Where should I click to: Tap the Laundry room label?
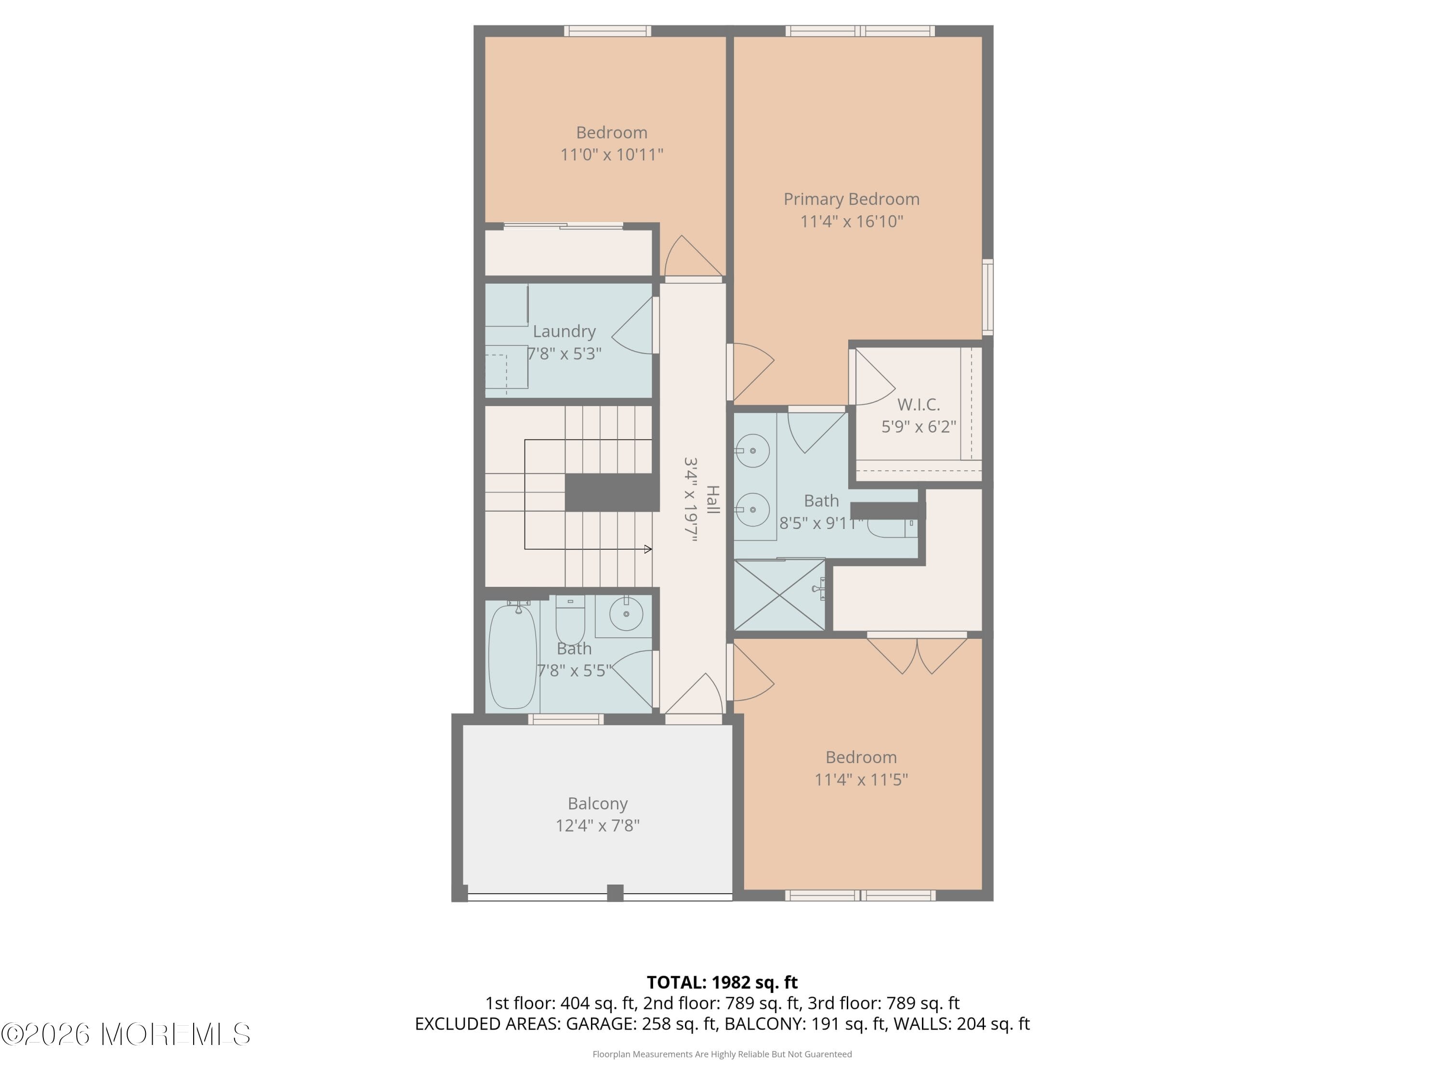564,331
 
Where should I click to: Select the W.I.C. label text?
918,405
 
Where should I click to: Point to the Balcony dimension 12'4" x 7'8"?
597,825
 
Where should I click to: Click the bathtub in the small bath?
513,656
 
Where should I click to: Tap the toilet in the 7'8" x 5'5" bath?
570,621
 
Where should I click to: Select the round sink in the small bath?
626,614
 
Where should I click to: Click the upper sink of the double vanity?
752,450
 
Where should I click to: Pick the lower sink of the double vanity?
752,509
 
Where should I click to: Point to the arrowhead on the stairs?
648,549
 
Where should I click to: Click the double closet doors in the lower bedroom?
917,654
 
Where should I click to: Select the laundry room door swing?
633,325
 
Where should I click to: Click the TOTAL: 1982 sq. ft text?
722,982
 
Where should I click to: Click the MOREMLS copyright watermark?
125,1034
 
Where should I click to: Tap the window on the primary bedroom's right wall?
988,297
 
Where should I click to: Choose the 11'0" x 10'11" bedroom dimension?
611,154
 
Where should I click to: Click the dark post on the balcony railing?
616,893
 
